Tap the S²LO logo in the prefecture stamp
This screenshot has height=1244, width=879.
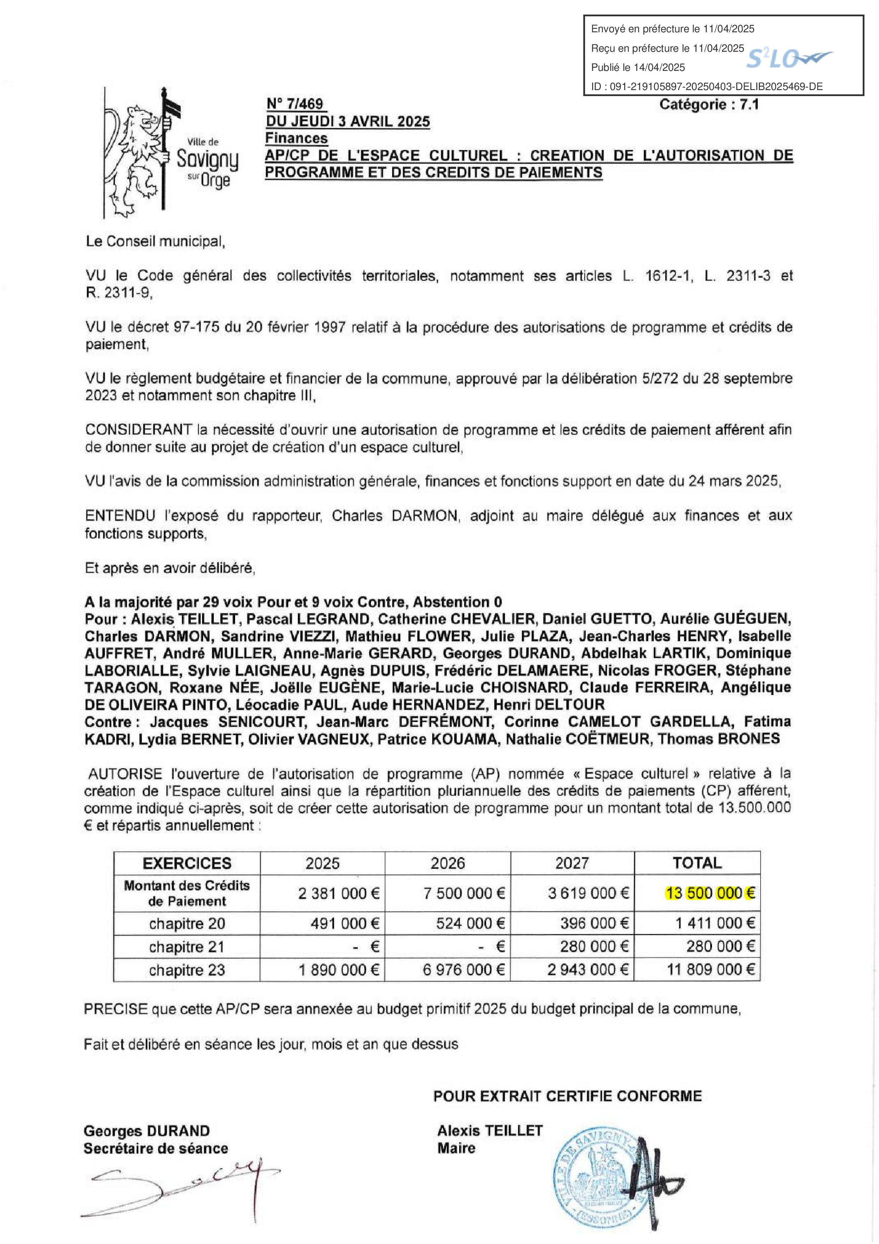tap(789, 58)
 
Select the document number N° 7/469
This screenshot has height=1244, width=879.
tap(295, 104)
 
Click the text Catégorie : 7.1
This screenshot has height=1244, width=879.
tap(708, 105)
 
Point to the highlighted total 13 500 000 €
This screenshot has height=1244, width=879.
tap(710, 893)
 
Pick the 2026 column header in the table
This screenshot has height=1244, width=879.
tap(447, 863)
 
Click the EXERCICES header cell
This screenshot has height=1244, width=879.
tap(187, 863)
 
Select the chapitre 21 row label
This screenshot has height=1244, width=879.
tap(187, 946)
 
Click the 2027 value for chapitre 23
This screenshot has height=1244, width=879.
tap(588, 970)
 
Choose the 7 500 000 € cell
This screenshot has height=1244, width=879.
tap(463, 893)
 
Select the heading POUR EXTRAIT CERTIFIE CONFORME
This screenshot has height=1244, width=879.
tap(567, 1096)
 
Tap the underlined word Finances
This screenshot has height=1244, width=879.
tap(296, 138)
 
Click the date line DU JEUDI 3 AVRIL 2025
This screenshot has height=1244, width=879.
tap(348, 121)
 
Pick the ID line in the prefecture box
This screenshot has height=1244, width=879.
tap(706, 87)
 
